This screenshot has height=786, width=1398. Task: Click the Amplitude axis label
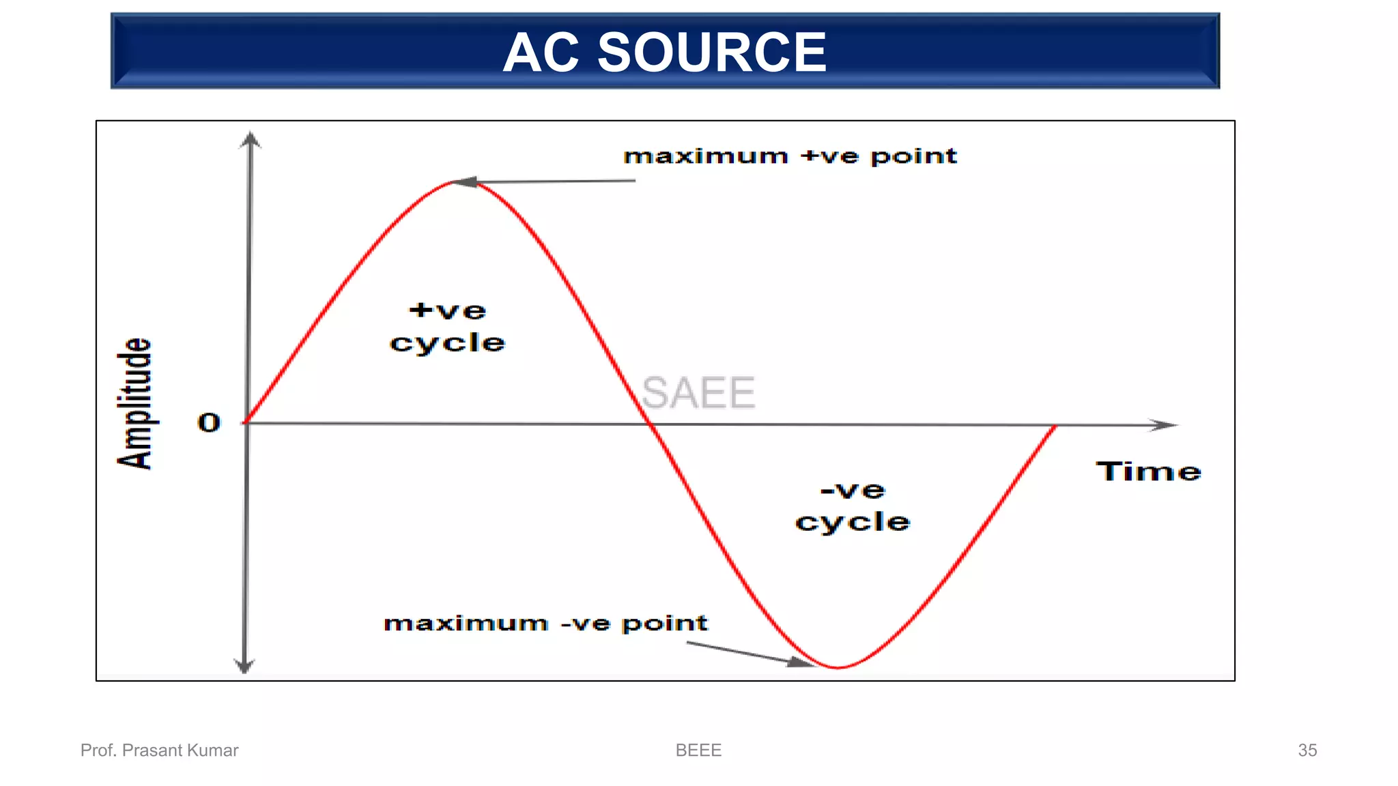pyautogui.click(x=134, y=403)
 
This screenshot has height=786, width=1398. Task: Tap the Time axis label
pyautogui.click(x=1148, y=471)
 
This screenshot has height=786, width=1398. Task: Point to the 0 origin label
pyautogui.click(x=209, y=422)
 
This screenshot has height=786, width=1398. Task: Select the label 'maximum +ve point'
pyautogui.click(x=790, y=156)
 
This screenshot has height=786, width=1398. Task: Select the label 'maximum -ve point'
pyautogui.click(x=545, y=623)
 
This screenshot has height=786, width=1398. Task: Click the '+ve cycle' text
pyautogui.click(x=448, y=327)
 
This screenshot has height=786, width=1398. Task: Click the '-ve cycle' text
pyautogui.click(x=853, y=506)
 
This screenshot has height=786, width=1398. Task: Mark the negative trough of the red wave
pyautogui.click(x=838, y=667)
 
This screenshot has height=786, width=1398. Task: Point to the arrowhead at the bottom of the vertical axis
pyautogui.click(x=244, y=666)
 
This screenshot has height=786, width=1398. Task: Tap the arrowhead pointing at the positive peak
pyautogui.click(x=464, y=181)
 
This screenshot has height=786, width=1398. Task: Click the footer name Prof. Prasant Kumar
pyautogui.click(x=159, y=750)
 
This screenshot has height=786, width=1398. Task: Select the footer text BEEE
pyautogui.click(x=698, y=750)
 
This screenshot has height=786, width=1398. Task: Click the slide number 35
pyautogui.click(x=1307, y=750)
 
